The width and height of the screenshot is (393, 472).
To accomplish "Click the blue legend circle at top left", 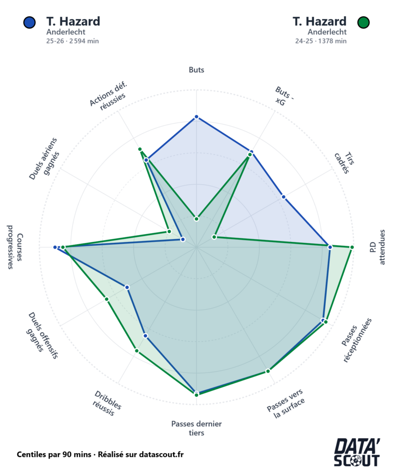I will [x=29, y=22].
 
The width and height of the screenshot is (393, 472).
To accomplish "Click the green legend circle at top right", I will [x=364, y=22].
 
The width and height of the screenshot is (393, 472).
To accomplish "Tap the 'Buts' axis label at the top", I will [x=196, y=70].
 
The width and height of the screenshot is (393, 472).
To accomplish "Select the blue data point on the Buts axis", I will [x=196, y=117].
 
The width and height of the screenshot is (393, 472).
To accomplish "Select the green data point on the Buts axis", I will [x=196, y=218].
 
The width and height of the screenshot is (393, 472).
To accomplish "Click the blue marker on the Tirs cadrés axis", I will [x=283, y=197].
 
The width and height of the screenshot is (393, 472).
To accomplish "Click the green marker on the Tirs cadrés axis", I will [x=214, y=237].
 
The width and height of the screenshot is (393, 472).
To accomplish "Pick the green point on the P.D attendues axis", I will [x=352, y=248].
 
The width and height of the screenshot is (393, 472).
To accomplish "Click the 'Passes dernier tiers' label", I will [x=196, y=428].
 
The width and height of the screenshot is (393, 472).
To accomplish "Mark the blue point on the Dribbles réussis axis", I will [x=145, y=336].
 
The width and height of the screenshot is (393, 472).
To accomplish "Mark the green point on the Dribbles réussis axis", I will [x=137, y=351].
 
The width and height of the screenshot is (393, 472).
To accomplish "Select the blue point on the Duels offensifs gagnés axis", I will [x=128, y=287].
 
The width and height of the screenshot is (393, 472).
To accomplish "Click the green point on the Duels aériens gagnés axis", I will [x=169, y=231].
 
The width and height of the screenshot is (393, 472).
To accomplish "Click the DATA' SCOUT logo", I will [x=357, y=452].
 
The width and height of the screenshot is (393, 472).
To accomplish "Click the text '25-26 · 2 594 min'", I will [x=72, y=41].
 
